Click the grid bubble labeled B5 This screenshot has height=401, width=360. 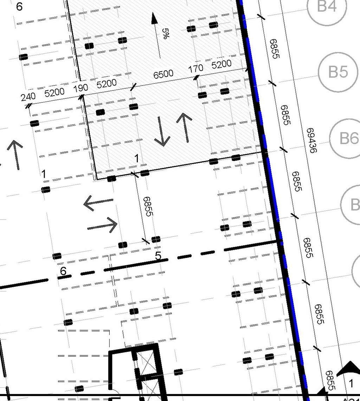click(x=338, y=72)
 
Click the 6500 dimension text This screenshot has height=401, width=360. click(x=163, y=74)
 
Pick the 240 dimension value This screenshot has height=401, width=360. click(x=28, y=97)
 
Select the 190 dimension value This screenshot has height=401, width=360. click(x=81, y=88)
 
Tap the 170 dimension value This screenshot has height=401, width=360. click(x=195, y=68)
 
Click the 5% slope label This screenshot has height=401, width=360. click(x=166, y=33)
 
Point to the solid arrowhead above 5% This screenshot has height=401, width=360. click(x=154, y=18)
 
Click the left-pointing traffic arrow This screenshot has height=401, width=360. click(x=98, y=203)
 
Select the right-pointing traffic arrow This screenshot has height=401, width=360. click(x=102, y=225)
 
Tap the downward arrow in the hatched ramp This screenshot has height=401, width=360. click(x=162, y=132)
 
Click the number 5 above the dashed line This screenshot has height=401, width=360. click(x=158, y=256)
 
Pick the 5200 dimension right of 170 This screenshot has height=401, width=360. click(x=221, y=64)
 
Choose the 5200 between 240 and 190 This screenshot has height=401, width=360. click(x=54, y=92)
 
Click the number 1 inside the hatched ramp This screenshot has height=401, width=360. click(x=137, y=159)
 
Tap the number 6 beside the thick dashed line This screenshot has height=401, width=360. click(x=63, y=271)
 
